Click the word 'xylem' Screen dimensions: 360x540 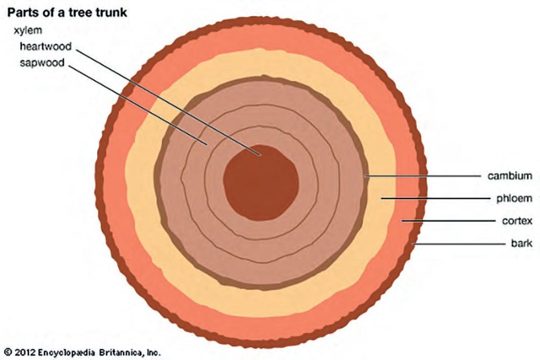click(x=28, y=30)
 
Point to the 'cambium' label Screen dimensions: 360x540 click(x=510, y=176)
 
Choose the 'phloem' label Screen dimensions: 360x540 click(x=514, y=198)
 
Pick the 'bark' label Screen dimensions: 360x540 click(x=521, y=244)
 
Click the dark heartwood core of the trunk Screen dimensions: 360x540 click(x=261, y=182)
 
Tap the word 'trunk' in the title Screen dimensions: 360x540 click(x=110, y=12)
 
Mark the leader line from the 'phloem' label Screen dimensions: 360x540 click(x=435, y=198)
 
